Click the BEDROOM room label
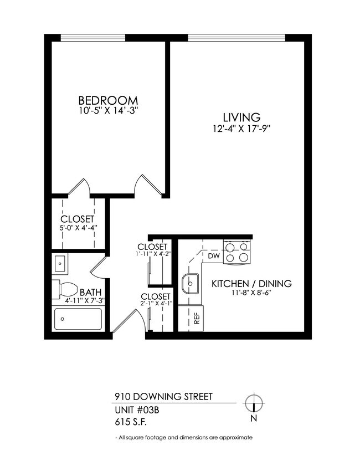tap(108, 100)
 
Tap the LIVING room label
tap(241, 117)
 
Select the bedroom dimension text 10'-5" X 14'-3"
tap(108, 111)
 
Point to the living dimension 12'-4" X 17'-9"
tap(241, 129)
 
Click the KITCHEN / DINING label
tap(251, 284)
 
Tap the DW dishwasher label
tap(214, 256)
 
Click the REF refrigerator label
tap(196, 318)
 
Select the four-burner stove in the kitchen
tap(238, 252)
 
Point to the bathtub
tap(78, 319)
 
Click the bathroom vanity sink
tap(60, 263)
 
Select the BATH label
tap(90, 292)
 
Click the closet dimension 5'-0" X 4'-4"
tap(78, 228)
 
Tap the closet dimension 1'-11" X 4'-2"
tap(152, 254)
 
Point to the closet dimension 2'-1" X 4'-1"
tap(156, 304)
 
